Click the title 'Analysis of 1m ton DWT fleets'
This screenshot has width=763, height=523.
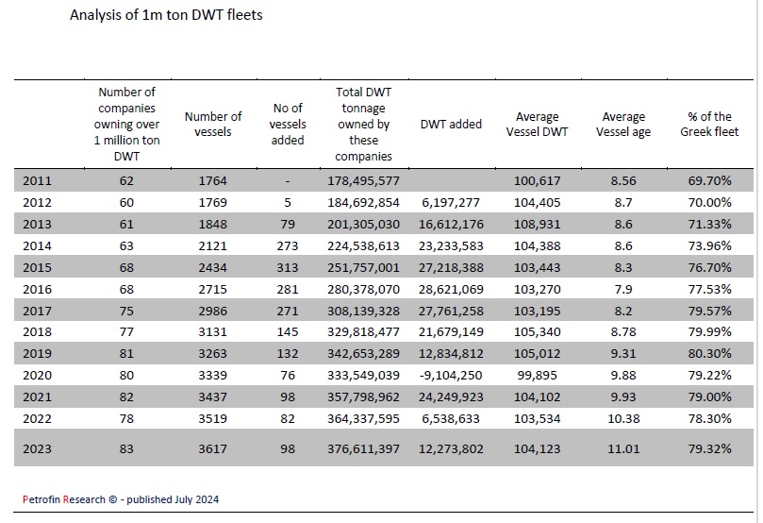point(166,15)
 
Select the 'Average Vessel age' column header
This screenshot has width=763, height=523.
point(623,125)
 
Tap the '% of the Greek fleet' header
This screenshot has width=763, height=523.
point(709,125)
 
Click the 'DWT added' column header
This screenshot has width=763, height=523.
point(451,125)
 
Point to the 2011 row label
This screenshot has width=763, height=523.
point(37,180)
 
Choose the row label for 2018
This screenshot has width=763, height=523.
point(37,331)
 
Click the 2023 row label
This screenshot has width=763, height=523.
point(37,448)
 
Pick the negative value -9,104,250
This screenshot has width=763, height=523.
point(451,376)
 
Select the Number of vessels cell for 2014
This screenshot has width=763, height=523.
point(212,245)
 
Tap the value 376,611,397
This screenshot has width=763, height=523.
point(363,448)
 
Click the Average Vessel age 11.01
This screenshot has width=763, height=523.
point(623,448)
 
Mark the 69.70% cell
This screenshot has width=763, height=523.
point(709,180)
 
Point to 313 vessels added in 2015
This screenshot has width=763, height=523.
point(288,268)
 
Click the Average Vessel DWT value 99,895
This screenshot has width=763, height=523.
point(538,376)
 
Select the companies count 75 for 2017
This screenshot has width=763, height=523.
point(126,311)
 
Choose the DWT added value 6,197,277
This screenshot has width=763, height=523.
point(451,203)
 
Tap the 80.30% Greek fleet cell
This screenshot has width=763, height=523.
point(709,353)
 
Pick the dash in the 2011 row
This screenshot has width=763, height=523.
point(288,181)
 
